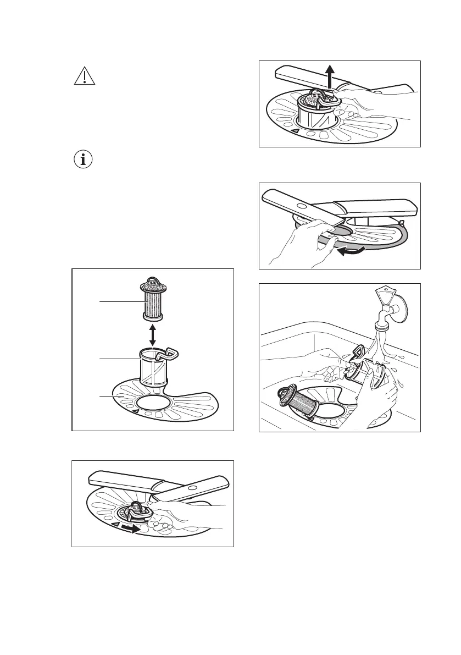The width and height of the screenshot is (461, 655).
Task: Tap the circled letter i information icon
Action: [84, 160]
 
